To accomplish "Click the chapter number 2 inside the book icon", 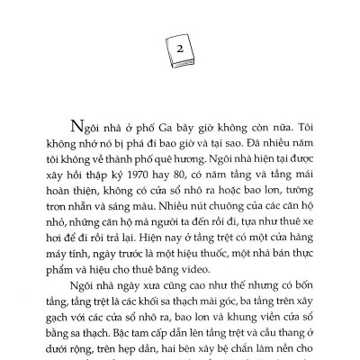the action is click(x=179, y=49).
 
